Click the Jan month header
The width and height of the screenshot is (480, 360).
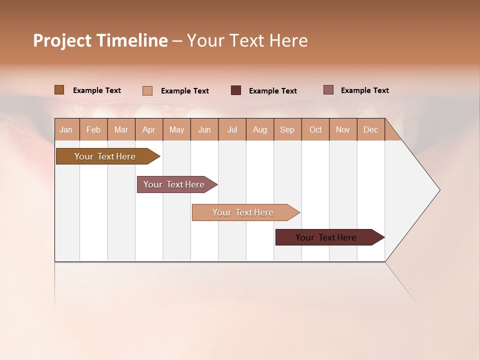[x=66, y=130]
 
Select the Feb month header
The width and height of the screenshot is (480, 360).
[x=93, y=130]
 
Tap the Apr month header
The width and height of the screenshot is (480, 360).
[x=149, y=130]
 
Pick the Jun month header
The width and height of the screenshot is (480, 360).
[x=204, y=130]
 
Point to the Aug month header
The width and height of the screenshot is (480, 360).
[x=260, y=130]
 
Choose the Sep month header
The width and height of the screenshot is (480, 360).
[x=287, y=130]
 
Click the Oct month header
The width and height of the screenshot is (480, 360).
[x=315, y=130]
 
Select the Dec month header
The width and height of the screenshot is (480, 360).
[x=371, y=130]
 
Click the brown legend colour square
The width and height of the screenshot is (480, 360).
[x=59, y=90]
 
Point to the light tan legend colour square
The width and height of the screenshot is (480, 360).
[x=147, y=90]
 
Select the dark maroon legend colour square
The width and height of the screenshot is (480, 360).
[x=236, y=90]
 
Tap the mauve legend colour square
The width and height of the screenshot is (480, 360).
[x=328, y=90]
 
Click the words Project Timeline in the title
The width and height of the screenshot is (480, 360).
[x=100, y=40]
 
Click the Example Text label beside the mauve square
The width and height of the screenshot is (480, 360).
[x=364, y=90]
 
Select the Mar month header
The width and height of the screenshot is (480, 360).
[x=121, y=130]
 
